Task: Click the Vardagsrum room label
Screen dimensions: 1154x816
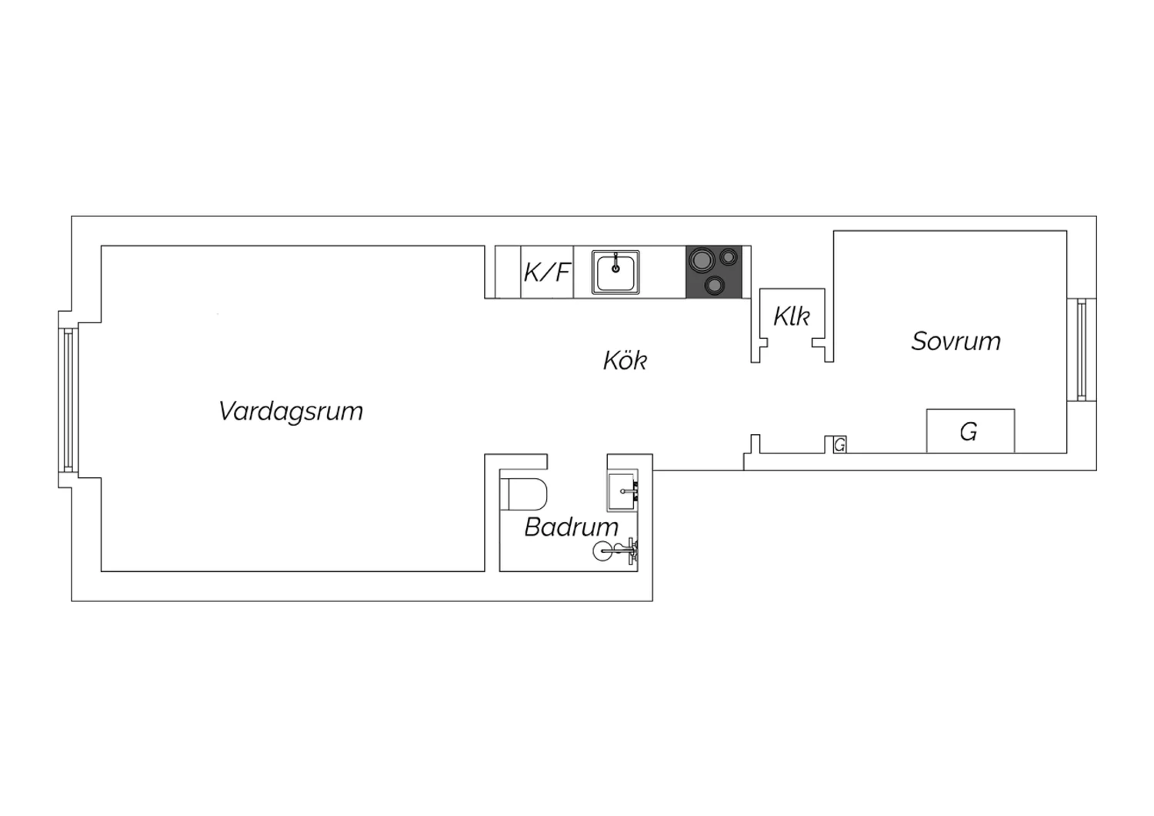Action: tap(291, 412)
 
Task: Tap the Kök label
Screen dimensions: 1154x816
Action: tap(625, 360)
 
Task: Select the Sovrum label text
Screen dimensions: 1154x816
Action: tap(956, 341)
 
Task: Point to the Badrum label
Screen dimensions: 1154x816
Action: tap(572, 527)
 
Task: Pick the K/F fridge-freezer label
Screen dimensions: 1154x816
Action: tap(547, 273)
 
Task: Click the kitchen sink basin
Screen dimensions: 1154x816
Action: tap(615, 273)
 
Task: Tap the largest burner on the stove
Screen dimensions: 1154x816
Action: tap(702, 259)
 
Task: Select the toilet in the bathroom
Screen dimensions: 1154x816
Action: tap(523, 493)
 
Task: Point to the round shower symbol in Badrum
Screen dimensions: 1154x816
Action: tap(603, 551)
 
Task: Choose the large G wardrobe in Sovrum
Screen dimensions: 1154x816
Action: tap(971, 431)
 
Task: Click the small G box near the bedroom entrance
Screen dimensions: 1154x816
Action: tap(840, 444)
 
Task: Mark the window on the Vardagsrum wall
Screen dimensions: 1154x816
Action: tap(68, 400)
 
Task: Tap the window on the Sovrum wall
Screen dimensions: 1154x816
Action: tap(1082, 349)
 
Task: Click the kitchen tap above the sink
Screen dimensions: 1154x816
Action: tap(615, 263)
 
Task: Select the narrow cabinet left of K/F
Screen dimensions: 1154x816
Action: tap(508, 273)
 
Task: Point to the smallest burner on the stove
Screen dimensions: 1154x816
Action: tap(729, 256)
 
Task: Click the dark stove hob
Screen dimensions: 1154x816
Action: tap(713, 273)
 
